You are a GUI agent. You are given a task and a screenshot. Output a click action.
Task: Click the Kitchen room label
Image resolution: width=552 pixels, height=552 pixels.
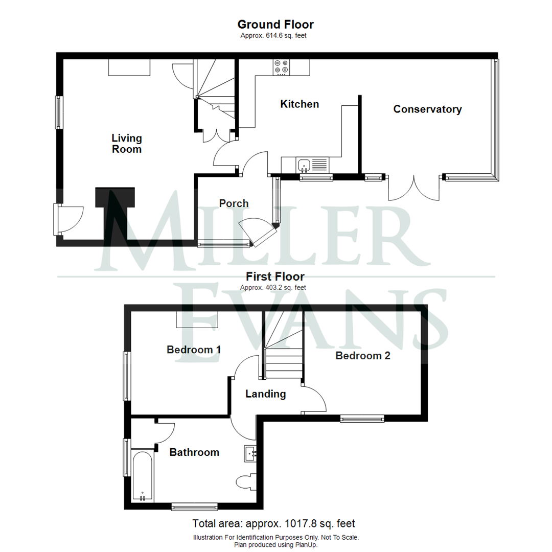pos(300,104)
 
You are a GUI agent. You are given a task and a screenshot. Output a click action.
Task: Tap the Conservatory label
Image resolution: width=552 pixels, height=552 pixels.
pos(427,109)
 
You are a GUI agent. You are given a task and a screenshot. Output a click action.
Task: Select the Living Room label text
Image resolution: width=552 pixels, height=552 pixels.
pos(127,144)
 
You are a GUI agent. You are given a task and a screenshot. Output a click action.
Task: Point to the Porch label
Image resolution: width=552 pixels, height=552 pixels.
pos(234,203)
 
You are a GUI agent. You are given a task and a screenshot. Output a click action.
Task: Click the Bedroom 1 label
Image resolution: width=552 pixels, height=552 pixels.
pos(194,350)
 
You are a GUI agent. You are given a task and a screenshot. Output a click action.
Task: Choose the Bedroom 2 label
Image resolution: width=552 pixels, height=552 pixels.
pos(363,356)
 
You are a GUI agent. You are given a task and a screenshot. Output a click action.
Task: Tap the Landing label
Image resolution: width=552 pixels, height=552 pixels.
pos(265,394)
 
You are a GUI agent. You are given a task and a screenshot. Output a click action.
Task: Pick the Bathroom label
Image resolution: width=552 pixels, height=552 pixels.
pos(194,452)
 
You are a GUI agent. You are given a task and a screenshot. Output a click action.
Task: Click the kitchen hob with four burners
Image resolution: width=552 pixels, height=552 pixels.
pos(281,67)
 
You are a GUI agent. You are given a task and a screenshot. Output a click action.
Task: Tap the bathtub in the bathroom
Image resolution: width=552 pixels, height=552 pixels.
pos(142,476)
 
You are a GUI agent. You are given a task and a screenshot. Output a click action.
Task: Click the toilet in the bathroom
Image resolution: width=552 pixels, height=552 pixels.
pos(245,482)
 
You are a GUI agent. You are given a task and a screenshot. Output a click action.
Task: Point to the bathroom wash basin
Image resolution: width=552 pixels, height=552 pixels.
pos(250,453)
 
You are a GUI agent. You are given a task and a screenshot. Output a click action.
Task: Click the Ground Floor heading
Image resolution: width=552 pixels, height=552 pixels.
pos(275,25)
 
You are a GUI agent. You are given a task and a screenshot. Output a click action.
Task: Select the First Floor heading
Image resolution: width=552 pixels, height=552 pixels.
pos(275,277)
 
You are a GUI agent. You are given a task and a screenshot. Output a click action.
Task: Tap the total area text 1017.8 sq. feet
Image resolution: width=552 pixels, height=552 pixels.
pos(273,524)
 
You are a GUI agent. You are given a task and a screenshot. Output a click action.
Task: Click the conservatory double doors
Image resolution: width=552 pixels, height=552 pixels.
pos(414,188)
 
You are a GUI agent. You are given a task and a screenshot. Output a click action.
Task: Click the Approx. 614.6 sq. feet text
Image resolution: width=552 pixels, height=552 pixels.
pos(273,36)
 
